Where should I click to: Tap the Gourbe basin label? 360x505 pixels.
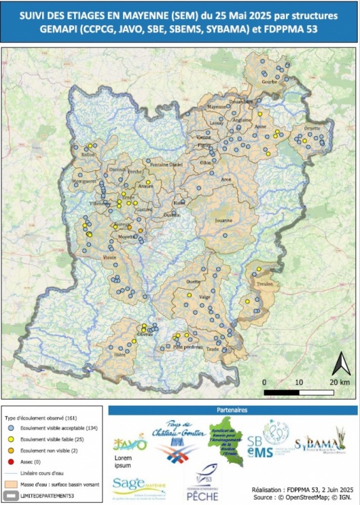tap(270, 82)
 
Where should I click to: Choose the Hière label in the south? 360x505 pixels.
tap(120, 354)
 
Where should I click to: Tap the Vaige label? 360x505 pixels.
tap(204, 296)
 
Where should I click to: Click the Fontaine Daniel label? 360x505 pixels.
tap(166, 164)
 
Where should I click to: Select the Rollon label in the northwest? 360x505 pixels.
tap(88, 155)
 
